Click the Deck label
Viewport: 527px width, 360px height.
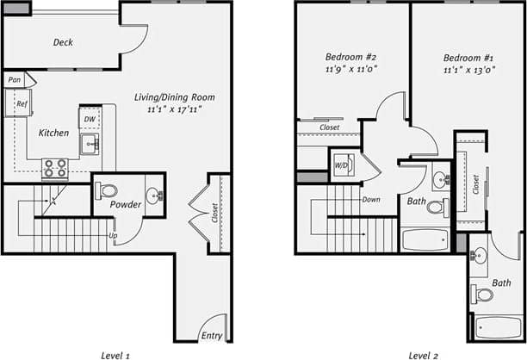pos(62,42)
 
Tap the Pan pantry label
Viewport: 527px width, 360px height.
pos(14,80)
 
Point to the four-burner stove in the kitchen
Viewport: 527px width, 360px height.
pos(55,167)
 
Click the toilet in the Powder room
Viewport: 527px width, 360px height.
pos(108,189)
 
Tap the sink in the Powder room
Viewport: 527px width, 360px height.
pos(152,195)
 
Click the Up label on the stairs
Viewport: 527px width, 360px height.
pos(112,234)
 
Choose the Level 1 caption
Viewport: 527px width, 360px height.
pos(115,354)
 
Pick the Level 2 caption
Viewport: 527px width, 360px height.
pos(424,354)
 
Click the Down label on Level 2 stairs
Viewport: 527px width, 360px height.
pos(371,199)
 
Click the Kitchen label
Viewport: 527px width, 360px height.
pos(53,133)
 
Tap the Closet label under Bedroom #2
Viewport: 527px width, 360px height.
pos(329,127)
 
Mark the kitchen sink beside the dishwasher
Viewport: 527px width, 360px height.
pos(90,144)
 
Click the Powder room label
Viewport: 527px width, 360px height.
pos(125,205)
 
